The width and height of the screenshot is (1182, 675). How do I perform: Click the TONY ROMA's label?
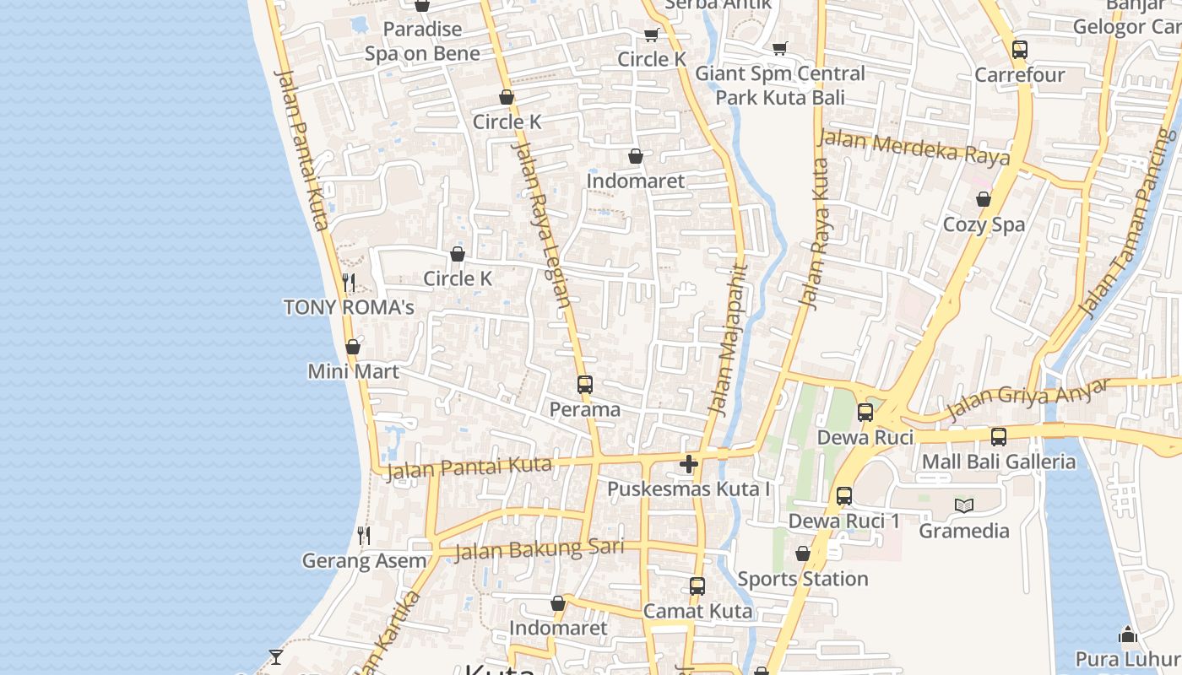(349, 307)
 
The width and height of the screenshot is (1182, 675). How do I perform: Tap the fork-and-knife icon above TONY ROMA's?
(349, 282)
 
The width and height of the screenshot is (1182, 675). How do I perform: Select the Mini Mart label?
(353, 371)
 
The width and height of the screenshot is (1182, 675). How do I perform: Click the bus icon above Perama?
(585, 385)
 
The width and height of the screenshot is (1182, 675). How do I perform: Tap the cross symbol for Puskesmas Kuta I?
(689, 464)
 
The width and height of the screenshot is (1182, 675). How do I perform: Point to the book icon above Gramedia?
(964, 505)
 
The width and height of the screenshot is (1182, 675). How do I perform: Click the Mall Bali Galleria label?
(999, 462)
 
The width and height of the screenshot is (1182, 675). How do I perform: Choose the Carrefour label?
(1020, 75)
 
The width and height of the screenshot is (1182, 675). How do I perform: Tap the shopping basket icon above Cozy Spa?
(984, 199)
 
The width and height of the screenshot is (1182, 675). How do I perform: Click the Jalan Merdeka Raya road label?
(914, 147)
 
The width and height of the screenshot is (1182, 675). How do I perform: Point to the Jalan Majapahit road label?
(728, 341)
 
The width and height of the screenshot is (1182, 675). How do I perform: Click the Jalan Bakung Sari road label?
(539, 549)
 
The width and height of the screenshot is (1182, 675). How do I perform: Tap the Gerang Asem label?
(364, 560)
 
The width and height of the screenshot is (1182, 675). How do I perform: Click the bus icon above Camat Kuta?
(697, 586)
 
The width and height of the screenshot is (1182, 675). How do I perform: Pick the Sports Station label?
(803, 579)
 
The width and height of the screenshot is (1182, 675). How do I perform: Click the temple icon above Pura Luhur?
(1128, 634)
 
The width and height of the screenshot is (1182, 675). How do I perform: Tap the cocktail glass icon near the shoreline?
(276, 656)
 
